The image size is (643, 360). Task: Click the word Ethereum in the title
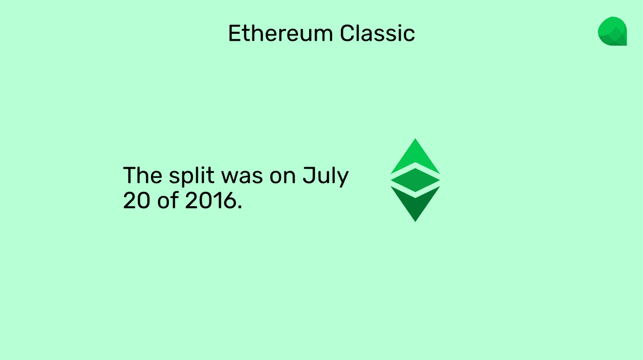pyautogui.click(x=280, y=33)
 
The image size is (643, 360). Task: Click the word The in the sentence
pyautogui.click(x=141, y=176)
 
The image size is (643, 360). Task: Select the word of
pyautogui.click(x=165, y=201)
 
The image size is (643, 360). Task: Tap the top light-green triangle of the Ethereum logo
pyautogui.click(x=415, y=158)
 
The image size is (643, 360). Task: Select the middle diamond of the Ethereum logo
pyautogui.click(x=415, y=180)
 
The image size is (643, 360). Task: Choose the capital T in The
pyautogui.click(x=129, y=176)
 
